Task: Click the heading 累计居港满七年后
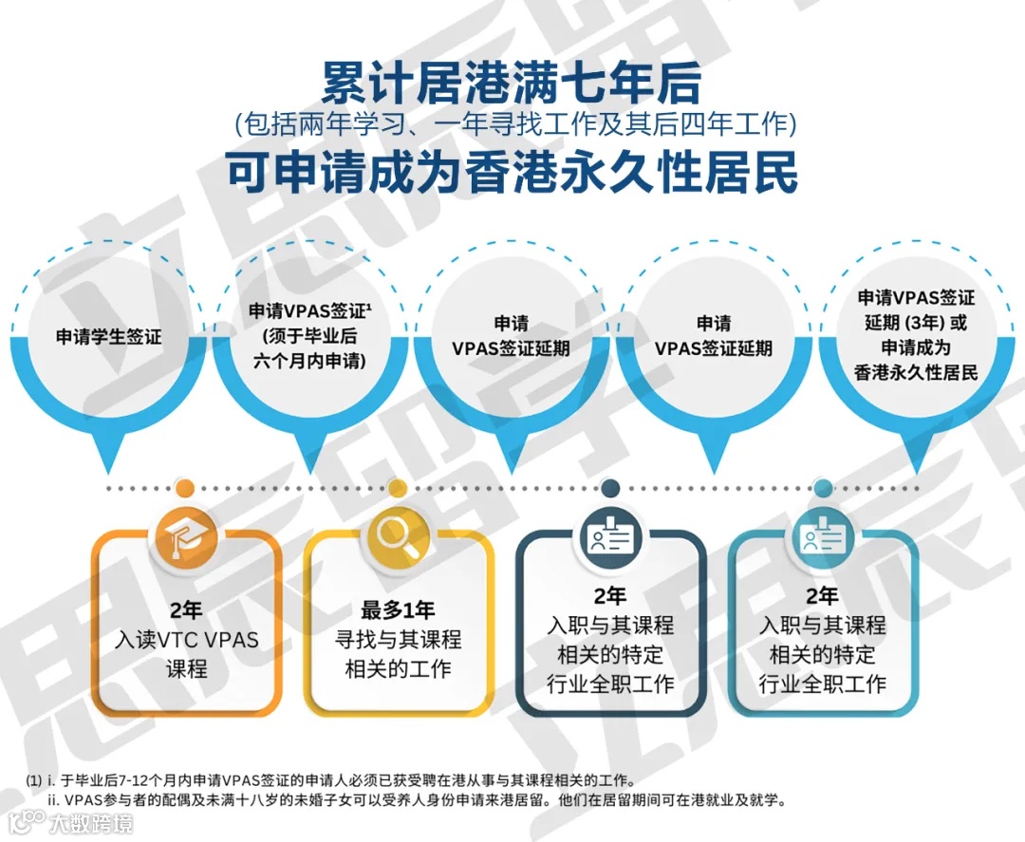tap(512, 84)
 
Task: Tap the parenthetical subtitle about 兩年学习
tap(512, 125)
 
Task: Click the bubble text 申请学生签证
tap(109, 337)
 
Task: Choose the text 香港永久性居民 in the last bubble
tap(916, 372)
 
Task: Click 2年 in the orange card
tap(186, 609)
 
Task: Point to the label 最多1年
tap(399, 609)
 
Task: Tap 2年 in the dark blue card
tap(610, 597)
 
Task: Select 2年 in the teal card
tap(823, 597)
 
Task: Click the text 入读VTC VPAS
tap(186, 639)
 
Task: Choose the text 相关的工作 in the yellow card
tap(399, 668)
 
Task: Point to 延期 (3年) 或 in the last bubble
tap(916, 322)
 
